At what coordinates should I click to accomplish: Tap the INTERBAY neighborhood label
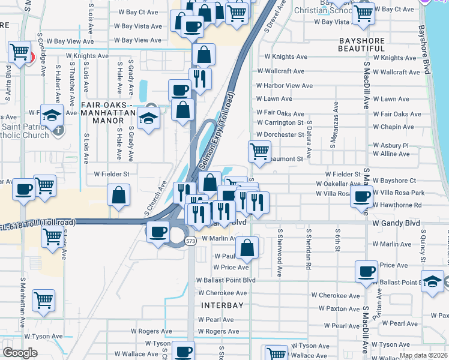pos(222,305)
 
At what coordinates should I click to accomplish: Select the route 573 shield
pos(191,241)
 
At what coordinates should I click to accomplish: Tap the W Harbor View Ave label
pos(284,86)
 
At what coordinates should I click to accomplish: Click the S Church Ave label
pos(155,197)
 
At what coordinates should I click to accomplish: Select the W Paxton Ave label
pos(339,308)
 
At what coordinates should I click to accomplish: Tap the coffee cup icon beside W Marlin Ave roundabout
pos(158,232)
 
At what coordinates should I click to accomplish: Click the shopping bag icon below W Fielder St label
pos(119,194)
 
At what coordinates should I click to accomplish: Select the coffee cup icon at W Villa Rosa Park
pos(362,197)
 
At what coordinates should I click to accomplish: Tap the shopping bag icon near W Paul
pos(247,246)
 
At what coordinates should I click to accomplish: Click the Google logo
pos(20,353)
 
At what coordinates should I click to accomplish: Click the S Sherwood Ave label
pos(280,252)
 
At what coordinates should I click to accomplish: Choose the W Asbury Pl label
pos(390,145)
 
